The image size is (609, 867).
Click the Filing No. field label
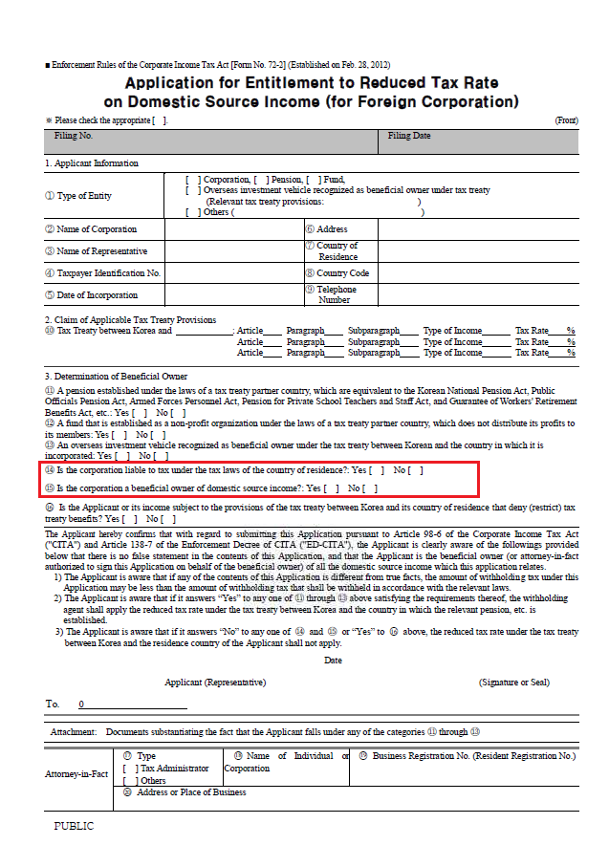click(74, 137)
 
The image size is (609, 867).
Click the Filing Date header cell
click(409, 137)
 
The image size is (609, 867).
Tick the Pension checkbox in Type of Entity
click(260, 179)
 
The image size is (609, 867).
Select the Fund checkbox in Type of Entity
click(312, 179)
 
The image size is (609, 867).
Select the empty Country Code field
click(477, 273)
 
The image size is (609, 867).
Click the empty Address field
click(477, 229)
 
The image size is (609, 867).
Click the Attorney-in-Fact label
click(76, 773)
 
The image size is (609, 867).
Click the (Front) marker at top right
click(566, 120)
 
